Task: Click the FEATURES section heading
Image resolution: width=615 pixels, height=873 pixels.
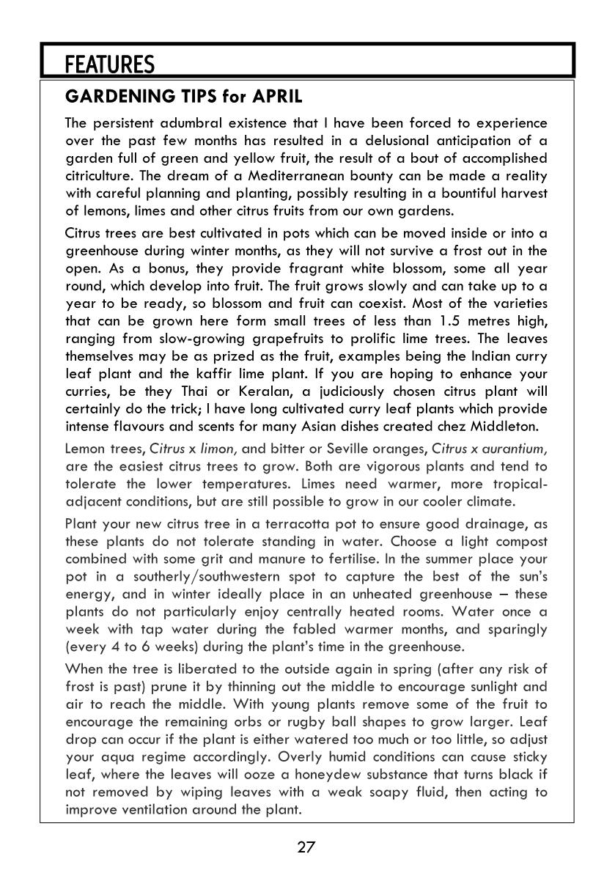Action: tap(109, 65)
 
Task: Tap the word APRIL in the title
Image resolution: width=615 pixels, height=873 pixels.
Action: tap(277, 97)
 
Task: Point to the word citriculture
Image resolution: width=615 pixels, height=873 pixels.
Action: tap(103, 176)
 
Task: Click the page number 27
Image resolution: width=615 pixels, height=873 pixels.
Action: tap(306, 848)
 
